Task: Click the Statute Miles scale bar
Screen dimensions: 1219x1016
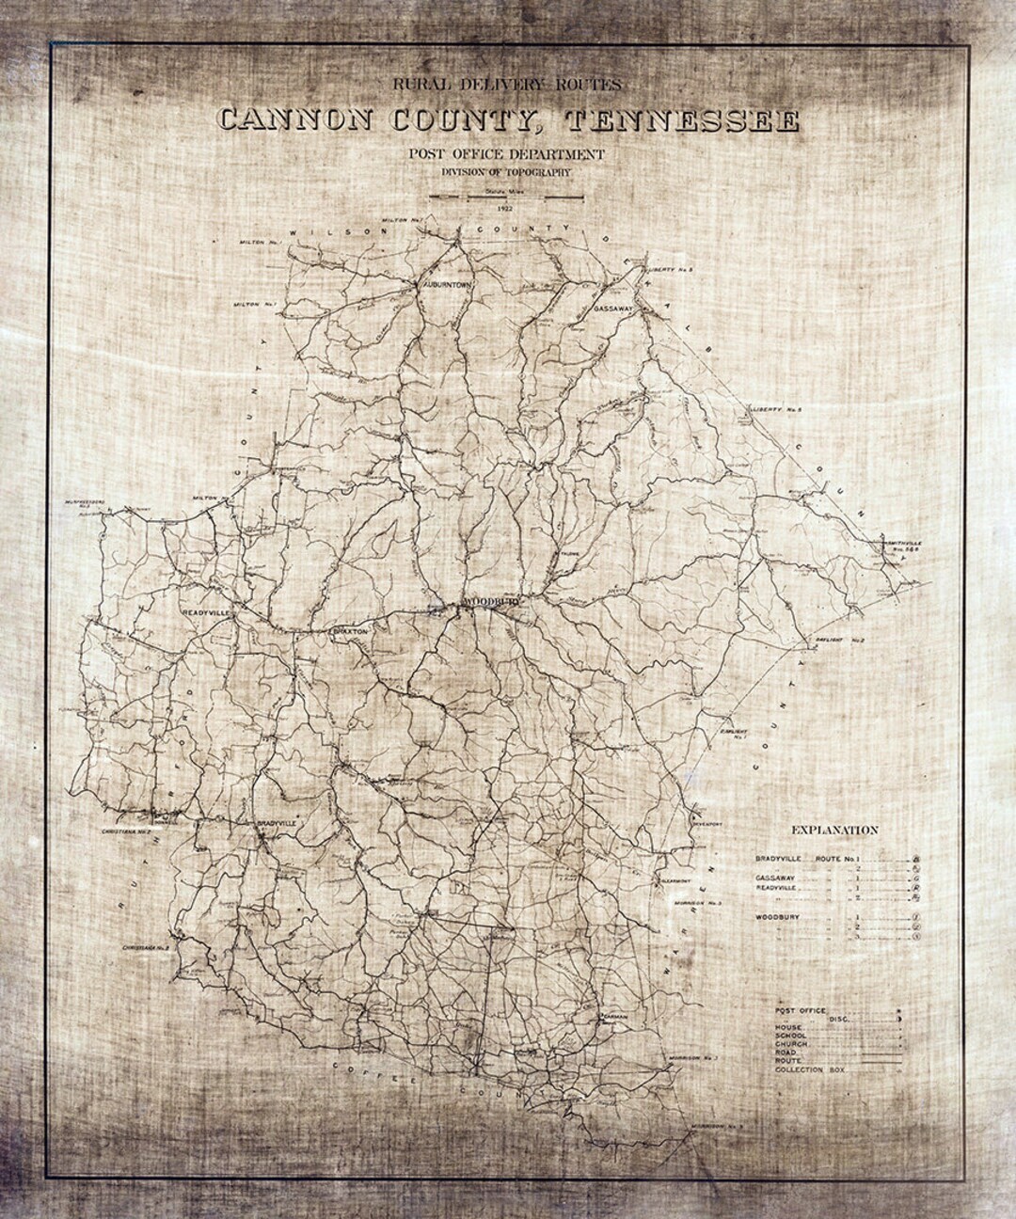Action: pyautogui.click(x=507, y=197)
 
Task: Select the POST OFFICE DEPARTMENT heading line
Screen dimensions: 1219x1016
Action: pyautogui.click(x=507, y=154)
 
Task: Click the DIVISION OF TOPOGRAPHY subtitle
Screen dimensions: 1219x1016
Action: pyautogui.click(x=507, y=173)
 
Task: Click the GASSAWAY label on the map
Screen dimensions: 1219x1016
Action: pyautogui.click(x=616, y=309)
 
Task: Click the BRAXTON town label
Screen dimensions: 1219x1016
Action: pyautogui.click(x=342, y=632)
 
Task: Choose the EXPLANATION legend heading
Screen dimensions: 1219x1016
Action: pyautogui.click(x=834, y=830)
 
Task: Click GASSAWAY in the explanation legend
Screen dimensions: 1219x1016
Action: pyautogui.click(x=776, y=878)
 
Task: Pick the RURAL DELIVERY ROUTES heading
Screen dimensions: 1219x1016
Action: pyautogui.click(x=507, y=85)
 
